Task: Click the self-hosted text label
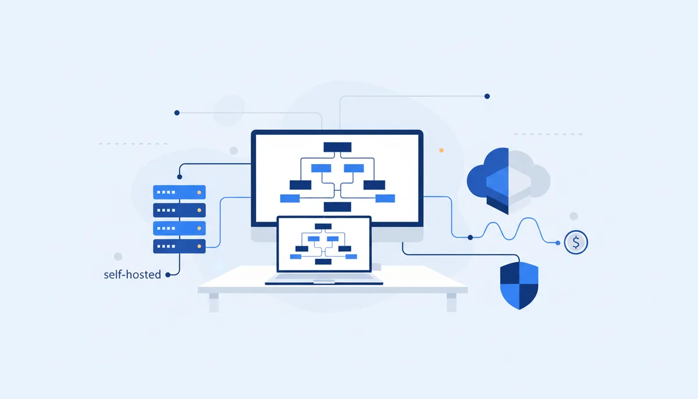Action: (133, 275)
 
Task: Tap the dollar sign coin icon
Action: (576, 243)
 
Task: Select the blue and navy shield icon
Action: (519, 286)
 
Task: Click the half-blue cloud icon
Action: (508, 181)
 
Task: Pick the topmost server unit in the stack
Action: (179, 192)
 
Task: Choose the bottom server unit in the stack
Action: (179, 247)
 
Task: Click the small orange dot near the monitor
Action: (441, 151)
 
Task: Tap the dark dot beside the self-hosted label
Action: (168, 275)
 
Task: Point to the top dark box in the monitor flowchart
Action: (337, 147)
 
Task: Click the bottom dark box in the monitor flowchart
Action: (337, 207)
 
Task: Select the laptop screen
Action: (324, 244)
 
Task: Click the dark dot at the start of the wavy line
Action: (470, 238)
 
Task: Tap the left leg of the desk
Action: (214, 302)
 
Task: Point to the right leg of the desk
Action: (451, 302)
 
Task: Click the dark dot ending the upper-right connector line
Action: (487, 96)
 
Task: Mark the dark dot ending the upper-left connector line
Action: (177, 113)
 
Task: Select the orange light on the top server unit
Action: (199, 193)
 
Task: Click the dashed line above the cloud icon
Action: (548, 134)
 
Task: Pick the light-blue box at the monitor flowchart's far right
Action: (385, 198)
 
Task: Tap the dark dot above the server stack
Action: (180, 177)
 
